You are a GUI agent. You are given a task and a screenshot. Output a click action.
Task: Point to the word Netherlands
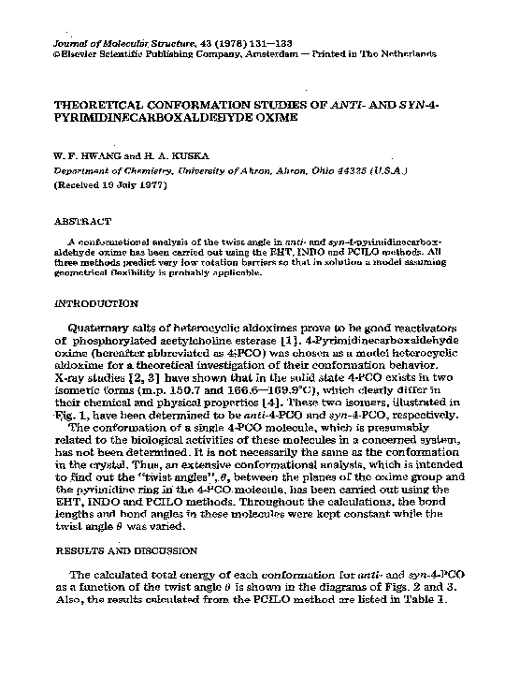click(407, 54)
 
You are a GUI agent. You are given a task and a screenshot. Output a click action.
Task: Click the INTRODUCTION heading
click(97, 304)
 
